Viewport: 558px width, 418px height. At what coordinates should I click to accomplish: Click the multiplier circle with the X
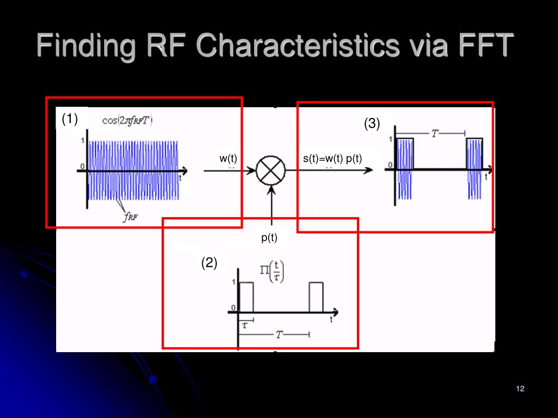(x=271, y=170)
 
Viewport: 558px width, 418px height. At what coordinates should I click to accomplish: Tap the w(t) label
(x=228, y=158)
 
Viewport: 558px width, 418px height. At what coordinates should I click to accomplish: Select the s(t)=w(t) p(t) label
(x=332, y=158)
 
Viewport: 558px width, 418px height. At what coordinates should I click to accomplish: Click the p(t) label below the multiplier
(x=269, y=237)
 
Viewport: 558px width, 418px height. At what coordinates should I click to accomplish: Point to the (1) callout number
(x=70, y=119)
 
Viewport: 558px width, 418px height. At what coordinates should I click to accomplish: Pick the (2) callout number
(x=209, y=263)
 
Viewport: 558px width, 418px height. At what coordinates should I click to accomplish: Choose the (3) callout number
(x=372, y=124)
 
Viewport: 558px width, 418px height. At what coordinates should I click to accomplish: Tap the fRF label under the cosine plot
(x=131, y=217)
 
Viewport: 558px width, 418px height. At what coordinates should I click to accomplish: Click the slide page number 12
(x=519, y=388)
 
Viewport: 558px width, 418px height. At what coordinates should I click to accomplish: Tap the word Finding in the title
(x=86, y=45)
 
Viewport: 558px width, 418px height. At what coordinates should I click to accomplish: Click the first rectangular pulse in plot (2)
(x=246, y=297)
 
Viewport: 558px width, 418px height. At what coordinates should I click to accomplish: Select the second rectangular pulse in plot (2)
(x=316, y=297)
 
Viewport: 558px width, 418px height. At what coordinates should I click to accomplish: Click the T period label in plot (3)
(x=435, y=133)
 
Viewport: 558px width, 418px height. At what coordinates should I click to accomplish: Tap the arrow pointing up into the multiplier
(x=271, y=207)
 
